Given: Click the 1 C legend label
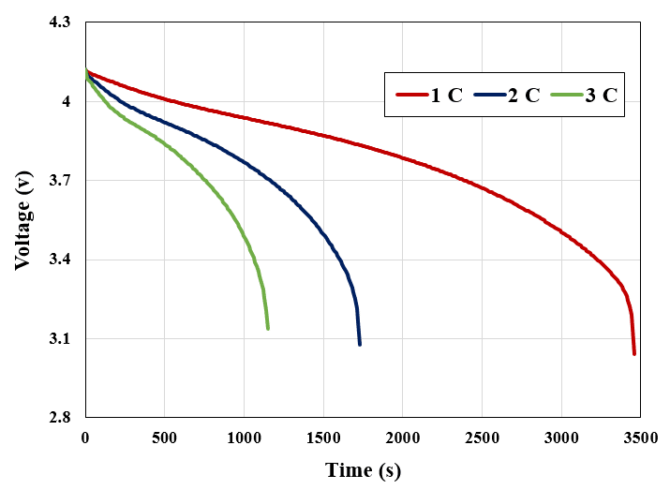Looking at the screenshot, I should click(447, 96).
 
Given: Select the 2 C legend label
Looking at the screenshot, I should click(524, 96).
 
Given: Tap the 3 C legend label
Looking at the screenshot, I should click(601, 96).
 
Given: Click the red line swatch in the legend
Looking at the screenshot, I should click(410, 96).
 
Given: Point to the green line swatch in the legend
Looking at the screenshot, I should click(565, 96).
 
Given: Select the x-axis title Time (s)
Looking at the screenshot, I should click(363, 469).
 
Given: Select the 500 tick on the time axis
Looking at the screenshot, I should click(164, 436).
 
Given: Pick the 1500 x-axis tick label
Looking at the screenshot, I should click(323, 436).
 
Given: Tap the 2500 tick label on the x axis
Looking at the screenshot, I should click(482, 436).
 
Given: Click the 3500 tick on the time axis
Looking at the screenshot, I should click(640, 436).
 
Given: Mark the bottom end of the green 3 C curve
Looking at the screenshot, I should click(268, 328).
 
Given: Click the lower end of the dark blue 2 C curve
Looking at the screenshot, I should click(360, 344).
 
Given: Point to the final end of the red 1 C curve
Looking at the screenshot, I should click(634, 353).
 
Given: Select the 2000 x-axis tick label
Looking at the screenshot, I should click(402, 436).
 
